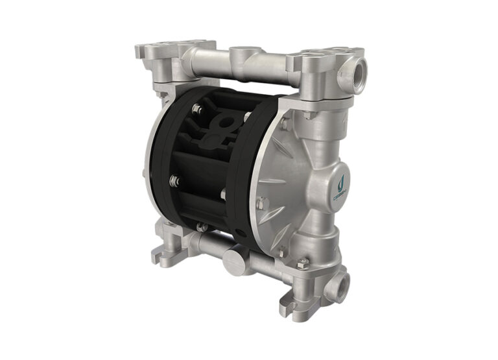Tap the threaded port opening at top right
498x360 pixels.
[358, 67]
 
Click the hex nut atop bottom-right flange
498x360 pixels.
[302, 263]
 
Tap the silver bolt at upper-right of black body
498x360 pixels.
[247, 117]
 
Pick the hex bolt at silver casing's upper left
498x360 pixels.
[283, 124]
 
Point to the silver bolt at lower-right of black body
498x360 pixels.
[224, 193]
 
